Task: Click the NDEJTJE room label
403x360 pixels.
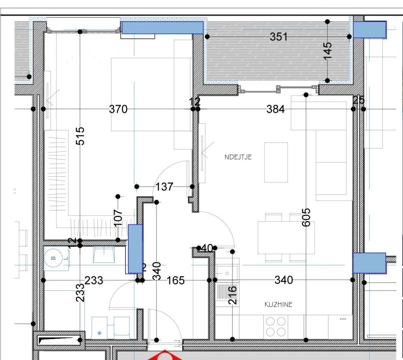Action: coord(238,157)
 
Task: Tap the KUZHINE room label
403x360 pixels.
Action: coord(278,305)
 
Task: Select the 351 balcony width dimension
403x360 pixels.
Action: coord(279,37)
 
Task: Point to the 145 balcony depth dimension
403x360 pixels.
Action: coord(328,51)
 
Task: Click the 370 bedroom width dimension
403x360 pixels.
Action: coord(118,109)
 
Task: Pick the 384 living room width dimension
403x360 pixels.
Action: coord(276,109)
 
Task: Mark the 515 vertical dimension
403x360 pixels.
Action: coord(80,136)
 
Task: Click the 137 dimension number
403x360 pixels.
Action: coord(164,187)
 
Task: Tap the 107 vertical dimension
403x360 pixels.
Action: coord(118,217)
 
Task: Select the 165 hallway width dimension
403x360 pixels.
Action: coord(176,280)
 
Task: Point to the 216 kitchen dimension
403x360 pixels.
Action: coord(232,295)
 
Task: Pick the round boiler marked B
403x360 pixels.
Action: coord(53,258)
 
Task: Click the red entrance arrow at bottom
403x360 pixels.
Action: coord(164,356)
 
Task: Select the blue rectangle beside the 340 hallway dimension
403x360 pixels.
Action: coord(135,249)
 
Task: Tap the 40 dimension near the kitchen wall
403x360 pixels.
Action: coord(206,248)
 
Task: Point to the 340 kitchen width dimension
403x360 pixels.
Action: coord(284,280)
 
